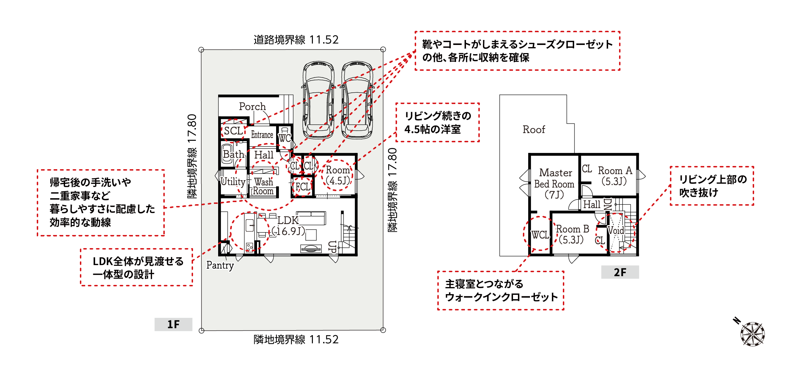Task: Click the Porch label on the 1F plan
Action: (x=252, y=107)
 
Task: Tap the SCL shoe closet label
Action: (x=234, y=131)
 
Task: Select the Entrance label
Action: (x=262, y=135)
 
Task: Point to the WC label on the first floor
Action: (x=285, y=138)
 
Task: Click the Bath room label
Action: (x=233, y=154)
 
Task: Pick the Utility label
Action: (x=233, y=182)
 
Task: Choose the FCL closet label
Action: (x=303, y=187)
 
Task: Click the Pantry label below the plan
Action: (x=220, y=265)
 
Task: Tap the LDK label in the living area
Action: (x=288, y=220)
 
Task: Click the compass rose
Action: (x=752, y=334)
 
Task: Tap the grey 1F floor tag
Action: (x=173, y=324)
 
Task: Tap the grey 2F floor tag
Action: (x=620, y=272)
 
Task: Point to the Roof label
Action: (x=534, y=130)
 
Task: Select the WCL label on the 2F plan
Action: (x=540, y=235)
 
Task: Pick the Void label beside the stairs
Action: (x=616, y=231)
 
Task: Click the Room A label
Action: (x=615, y=171)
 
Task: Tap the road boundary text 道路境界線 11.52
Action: (x=296, y=40)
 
